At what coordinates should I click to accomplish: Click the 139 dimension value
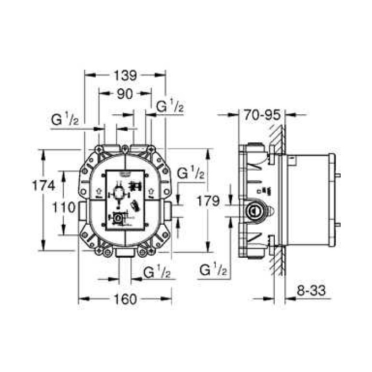125,75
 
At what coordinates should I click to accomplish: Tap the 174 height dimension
44,186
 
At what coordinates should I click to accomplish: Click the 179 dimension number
208,201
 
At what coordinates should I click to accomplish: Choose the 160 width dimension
125,299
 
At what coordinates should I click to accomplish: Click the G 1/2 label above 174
65,120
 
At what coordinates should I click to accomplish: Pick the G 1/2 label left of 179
190,173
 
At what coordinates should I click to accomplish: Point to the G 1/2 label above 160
156,273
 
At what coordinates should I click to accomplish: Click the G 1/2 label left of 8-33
214,271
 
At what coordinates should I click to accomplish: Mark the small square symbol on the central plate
117,217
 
